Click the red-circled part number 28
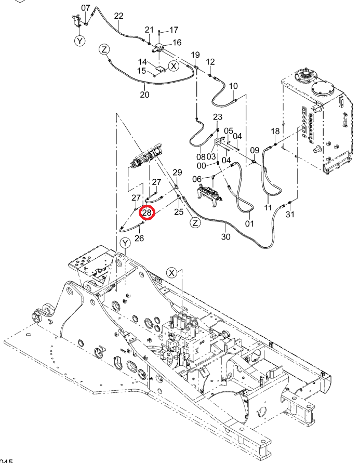[x=147, y=213]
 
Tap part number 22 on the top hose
[x=118, y=16]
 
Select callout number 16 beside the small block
[x=177, y=43]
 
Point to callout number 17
[x=174, y=30]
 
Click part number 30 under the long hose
[x=226, y=236]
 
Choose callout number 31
[x=290, y=214]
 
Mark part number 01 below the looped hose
[x=250, y=223]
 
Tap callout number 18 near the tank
[x=275, y=131]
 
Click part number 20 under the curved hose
[x=144, y=95]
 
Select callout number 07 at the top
[x=86, y=8]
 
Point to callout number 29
[x=177, y=173]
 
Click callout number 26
[x=139, y=237]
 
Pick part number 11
[x=268, y=207]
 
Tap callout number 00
[x=201, y=166]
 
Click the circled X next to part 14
[x=174, y=66]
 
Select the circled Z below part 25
[x=195, y=222]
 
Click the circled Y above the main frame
[x=125, y=243]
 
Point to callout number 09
[x=255, y=151]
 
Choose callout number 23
[x=218, y=117]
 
